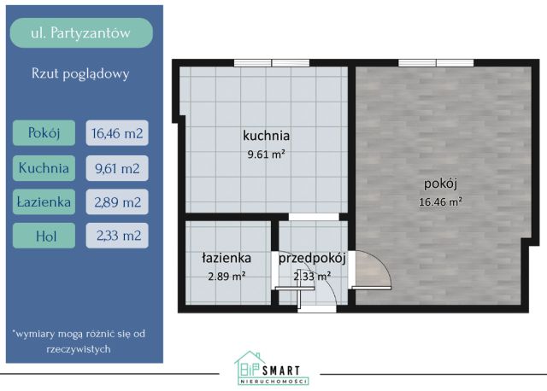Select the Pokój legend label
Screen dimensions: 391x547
pos(42,133)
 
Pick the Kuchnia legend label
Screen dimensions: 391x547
pos(44,167)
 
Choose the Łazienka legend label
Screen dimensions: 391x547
pos(44,201)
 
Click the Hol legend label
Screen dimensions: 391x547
pos(44,235)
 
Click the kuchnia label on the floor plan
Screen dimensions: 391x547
pos(266,135)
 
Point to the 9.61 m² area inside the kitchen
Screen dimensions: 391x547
pos(266,155)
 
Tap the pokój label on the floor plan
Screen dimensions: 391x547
pos(440,183)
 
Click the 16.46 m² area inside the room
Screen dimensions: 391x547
pos(440,202)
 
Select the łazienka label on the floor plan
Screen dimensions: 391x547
pos(226,257)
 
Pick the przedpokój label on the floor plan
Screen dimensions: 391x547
pos(311,257)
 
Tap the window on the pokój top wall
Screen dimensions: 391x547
pos(436,61)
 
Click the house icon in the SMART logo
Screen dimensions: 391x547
pos(248,364)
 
